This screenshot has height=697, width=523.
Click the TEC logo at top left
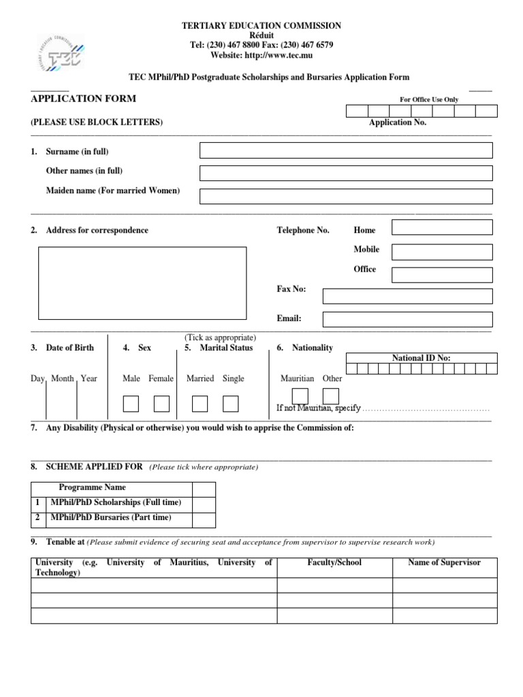[x=61, y=53]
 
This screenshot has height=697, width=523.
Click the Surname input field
[x=345, y=150]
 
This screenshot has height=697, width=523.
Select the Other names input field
[x=345, y=173]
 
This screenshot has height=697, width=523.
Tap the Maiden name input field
[x=345, y=196]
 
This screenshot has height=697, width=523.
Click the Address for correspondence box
[x=142, y=283]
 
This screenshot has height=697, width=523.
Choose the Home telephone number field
[x=442, y=227]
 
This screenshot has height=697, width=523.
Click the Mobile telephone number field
[x=442, y=252]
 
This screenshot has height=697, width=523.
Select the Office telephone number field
[x=442, y=275]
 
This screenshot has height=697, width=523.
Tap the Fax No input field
[x=407, y=296]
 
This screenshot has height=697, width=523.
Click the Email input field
[x=407, y=319]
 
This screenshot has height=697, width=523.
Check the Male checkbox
[x=131, y=404]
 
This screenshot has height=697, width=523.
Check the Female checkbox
[x=161, y=404]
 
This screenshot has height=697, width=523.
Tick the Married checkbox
[x=200, y=404]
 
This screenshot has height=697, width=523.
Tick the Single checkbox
[x=231, y=404]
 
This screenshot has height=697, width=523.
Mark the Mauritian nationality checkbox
[x=300, y=396]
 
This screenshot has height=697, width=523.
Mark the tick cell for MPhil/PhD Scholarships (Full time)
[x=204, y=504]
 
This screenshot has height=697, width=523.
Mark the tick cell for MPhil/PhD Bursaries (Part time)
[x=204, y=519]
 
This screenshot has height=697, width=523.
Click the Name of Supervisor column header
[x=444, y=563]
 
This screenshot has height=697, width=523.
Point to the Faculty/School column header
[x=334, y=563]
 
